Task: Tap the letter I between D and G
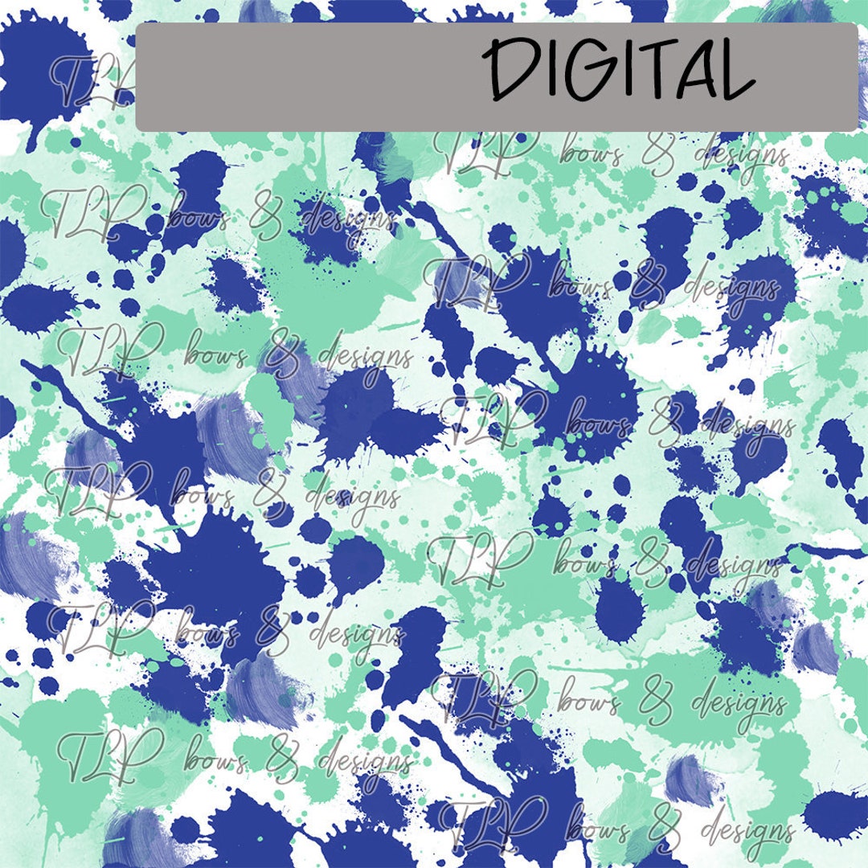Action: (x=546, y=70)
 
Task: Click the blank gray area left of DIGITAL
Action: (x=305, y=76)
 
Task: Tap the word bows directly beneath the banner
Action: (x=591, y=153)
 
